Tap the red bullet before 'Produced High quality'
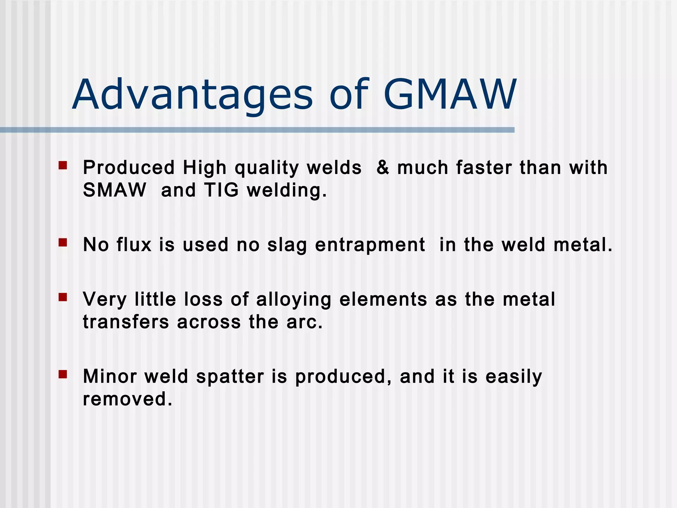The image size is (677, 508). coord(63,165)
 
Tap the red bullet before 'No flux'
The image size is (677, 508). coord(63,243)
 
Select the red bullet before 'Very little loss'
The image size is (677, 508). coord(63,297)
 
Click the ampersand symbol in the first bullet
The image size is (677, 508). coord(383,167)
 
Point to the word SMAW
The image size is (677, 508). coord(114,190)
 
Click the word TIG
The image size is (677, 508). coord(221,190)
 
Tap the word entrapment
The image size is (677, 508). coord(370,245)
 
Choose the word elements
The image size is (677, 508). coord(383,299)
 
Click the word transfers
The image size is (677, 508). coord(126,322)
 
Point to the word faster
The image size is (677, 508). coord(484,167)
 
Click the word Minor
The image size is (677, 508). coord(110,376)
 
